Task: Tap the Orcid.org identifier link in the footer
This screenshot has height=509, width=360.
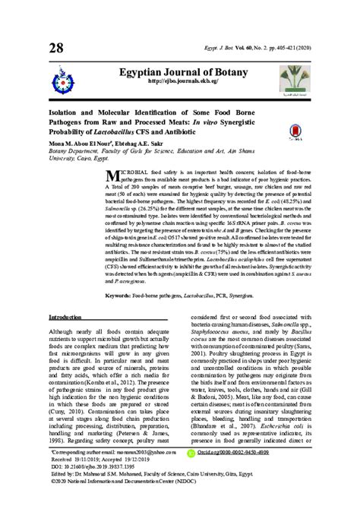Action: [230, 471]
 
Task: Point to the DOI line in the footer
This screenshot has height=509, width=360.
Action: [102, 486]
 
